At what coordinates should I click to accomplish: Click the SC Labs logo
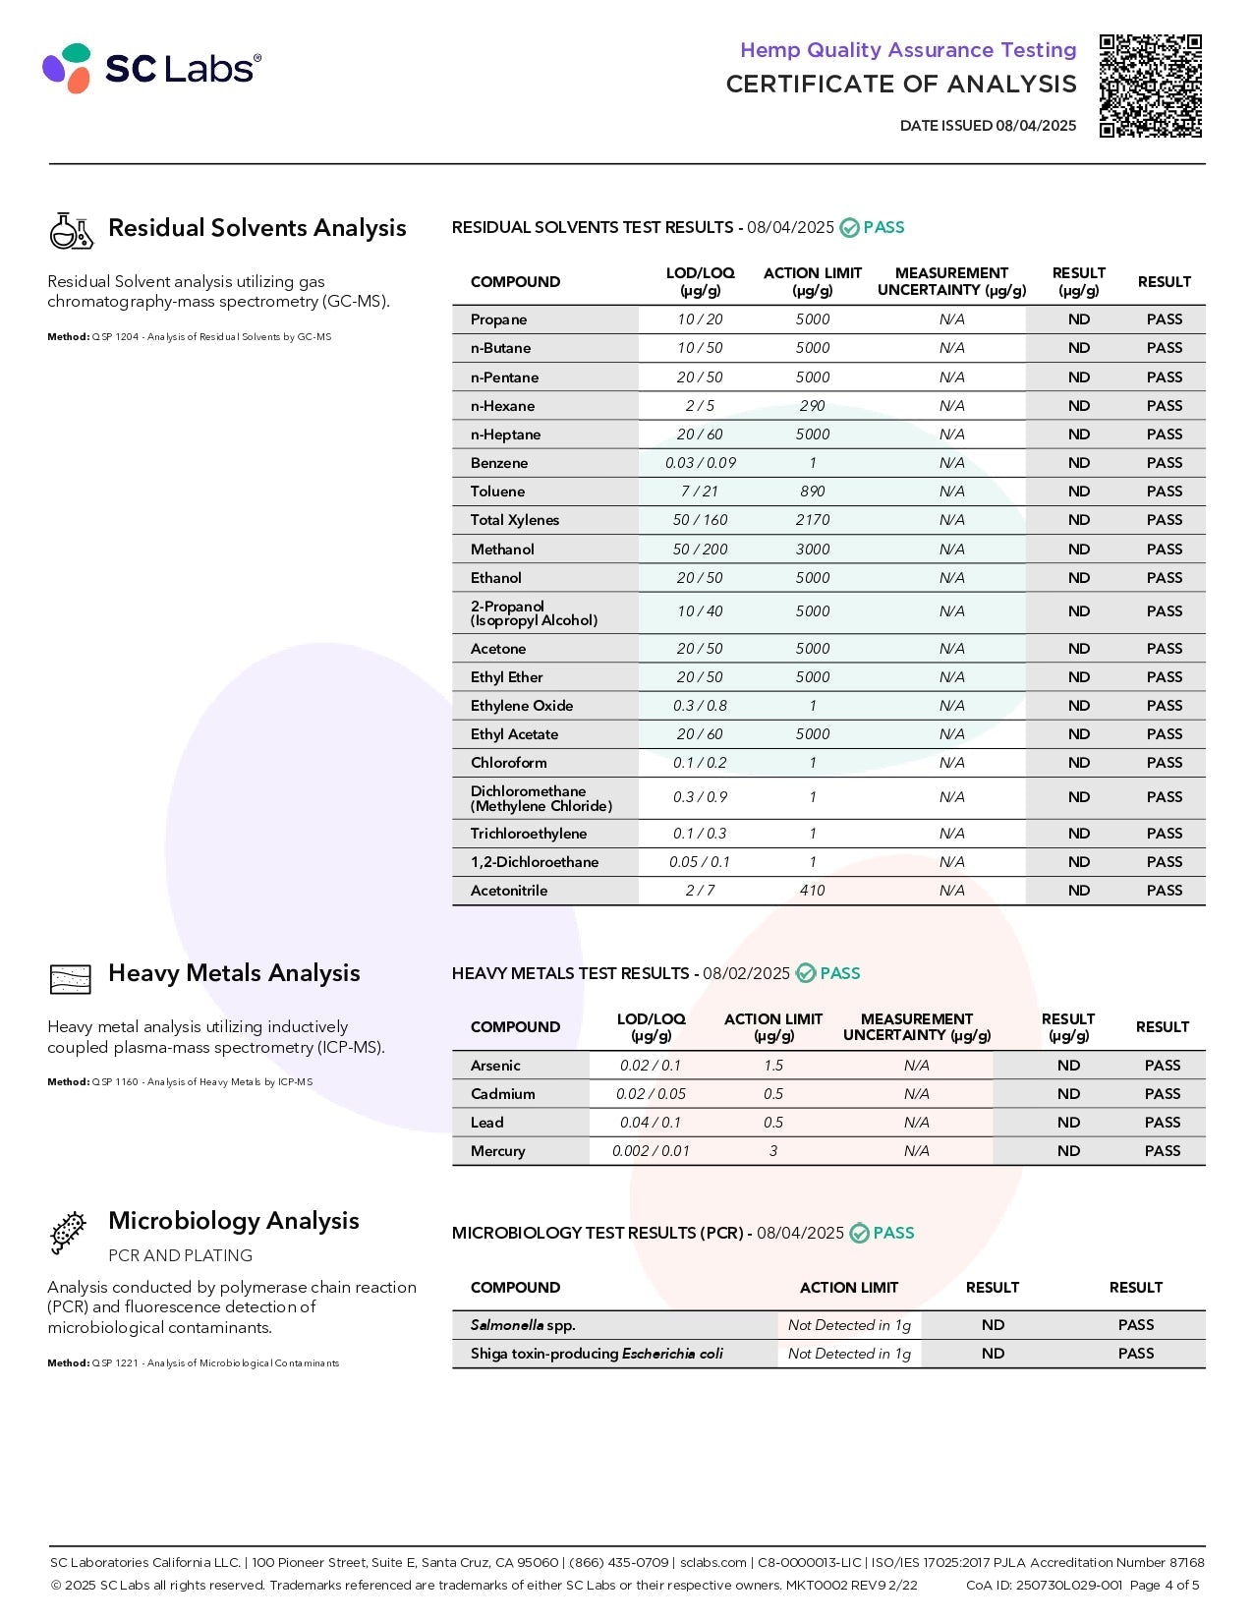point(151,68)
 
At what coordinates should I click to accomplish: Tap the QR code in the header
point(1150,86)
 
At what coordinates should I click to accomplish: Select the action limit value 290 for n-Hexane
point(812,406)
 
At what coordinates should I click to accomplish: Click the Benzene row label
point(499,463)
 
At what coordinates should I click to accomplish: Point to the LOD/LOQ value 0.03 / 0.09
point(700,463)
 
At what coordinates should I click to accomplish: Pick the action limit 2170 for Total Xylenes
point(812,520)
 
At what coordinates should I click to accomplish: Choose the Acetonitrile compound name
point(509,891)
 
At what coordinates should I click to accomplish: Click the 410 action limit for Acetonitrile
point(812,891)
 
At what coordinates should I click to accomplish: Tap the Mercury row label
point(497,1151)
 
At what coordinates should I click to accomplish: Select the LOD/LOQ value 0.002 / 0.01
point(651,1151)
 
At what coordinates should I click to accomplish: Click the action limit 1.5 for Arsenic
point(773,1066)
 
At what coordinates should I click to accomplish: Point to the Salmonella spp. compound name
point(523,1325)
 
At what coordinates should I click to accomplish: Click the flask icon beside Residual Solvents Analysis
point(71,230)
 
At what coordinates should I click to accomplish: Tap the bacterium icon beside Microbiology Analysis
point(68,1233)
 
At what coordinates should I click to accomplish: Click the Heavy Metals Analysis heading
point(234,973)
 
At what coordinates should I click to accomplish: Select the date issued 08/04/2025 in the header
point(1036,126)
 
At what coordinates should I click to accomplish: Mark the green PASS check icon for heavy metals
point(806,973)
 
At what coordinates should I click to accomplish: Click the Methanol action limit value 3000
point(812,550)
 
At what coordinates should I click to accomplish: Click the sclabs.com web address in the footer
point(713,1562)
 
